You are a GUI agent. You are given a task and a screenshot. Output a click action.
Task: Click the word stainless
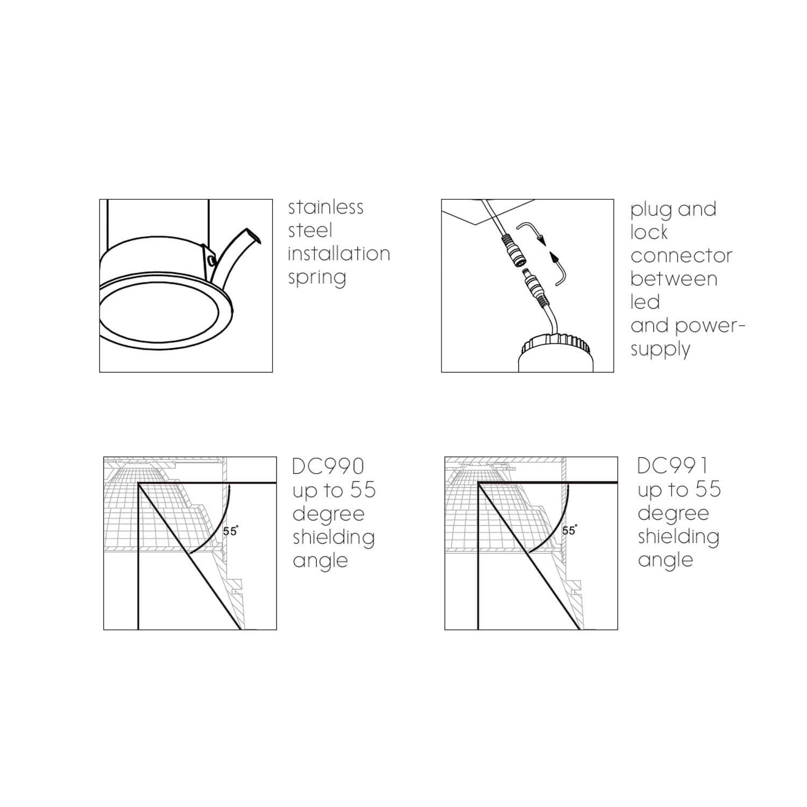pyautogui.click(x=325, y=207)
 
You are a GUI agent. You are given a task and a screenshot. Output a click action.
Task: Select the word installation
pyautogui.click(x=339, y=253)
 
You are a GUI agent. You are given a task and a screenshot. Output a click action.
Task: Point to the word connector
pyautogui.click(x=681, y=256)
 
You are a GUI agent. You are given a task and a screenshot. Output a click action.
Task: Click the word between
pyautogui.click(x=674, y=279)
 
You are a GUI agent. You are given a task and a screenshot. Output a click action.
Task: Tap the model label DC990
pyautogui.click(x=328, y=466)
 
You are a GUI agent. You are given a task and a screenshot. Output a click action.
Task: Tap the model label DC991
pyautogui.click(x=672, y=465)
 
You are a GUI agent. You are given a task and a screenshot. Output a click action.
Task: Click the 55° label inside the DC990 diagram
pyautogui.click(x=230, y=531)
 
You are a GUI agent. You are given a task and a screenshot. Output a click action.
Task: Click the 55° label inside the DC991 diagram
pyautogui.click(x=569, y=530)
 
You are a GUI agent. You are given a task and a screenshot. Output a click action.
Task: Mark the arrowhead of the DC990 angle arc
pyautogui.click(x=229, y=488)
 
